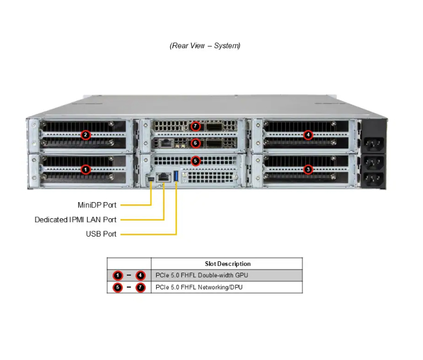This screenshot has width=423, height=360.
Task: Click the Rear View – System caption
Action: pyautogui.click(x=205, y=46)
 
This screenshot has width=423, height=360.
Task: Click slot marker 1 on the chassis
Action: pyautogui.click(x=86, y=169)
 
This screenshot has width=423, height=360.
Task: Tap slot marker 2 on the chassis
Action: pyautogui.click(x=86, y=135)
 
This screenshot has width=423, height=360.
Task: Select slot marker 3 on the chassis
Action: pyautogui.click(x=308, y=169)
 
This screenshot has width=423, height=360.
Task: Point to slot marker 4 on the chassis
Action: pyautogui.click(x=308, y=135)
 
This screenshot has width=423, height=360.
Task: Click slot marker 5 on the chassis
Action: pyautogui.click(x=196, y=161)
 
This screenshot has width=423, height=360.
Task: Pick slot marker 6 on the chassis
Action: pyautogui.click(x=196, y=143)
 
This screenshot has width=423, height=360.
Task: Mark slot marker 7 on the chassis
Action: pyautogui.click(x=196, y=126)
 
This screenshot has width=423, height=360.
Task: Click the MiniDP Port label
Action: pyautogui.click(x=97, y=205)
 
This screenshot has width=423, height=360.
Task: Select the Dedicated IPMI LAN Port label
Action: pyautogui.click(x=75, y=220)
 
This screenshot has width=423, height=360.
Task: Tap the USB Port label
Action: pyautogui.click(x=101, y=234)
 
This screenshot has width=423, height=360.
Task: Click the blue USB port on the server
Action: pyautogui.click(x=176, y=176)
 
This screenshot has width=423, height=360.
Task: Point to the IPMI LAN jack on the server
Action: pyautogui.click(x=164, y=177)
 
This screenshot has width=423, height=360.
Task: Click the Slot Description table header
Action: pyautogui.click(x=227, y=264)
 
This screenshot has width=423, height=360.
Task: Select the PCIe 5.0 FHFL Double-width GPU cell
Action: pyautogui.click(x=201, y=276)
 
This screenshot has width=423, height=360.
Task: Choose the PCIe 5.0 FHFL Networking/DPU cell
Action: pyautogui.click(x=199, y=287)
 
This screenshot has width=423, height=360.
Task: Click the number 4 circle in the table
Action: pyautogui.click(x=141, y=276)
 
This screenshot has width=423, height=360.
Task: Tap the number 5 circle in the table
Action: pyautogui.click(x=117, y=287)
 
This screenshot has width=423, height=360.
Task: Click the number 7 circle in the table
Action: pyautogui.click(x=141, y=287)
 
